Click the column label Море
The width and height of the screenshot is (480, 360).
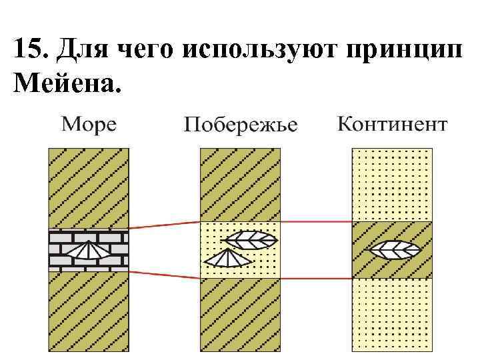pyautogui.click(x=89, y=124)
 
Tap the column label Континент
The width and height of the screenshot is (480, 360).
pyautogui.click(x=392, y=124)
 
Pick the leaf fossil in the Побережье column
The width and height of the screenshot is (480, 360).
pyautogui.click(x=249, y=240)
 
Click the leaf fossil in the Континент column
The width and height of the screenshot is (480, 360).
pyautogui.click(x=395, y=250)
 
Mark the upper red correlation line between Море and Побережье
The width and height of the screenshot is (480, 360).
pyautogui.click(x=164, y=225)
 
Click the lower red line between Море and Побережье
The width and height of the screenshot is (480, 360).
pyautogui.click(x=164, y=273)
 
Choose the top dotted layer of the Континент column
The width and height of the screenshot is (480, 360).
pyautogui.click(x=392, y=184)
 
